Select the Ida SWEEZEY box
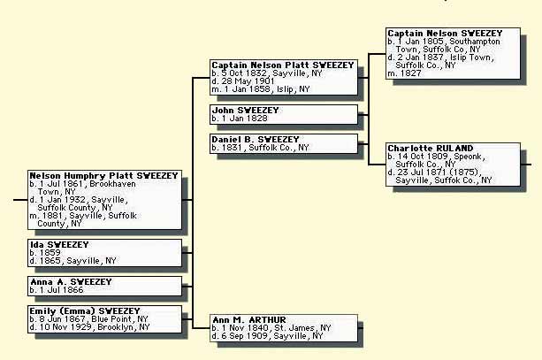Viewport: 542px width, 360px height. point(104,252)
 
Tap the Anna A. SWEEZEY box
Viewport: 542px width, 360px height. point(104,285)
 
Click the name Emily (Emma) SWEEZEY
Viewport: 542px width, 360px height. point(85,311)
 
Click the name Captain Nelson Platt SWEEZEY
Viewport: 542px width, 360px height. point(283,65)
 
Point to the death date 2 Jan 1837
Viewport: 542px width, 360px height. point(424,57)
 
